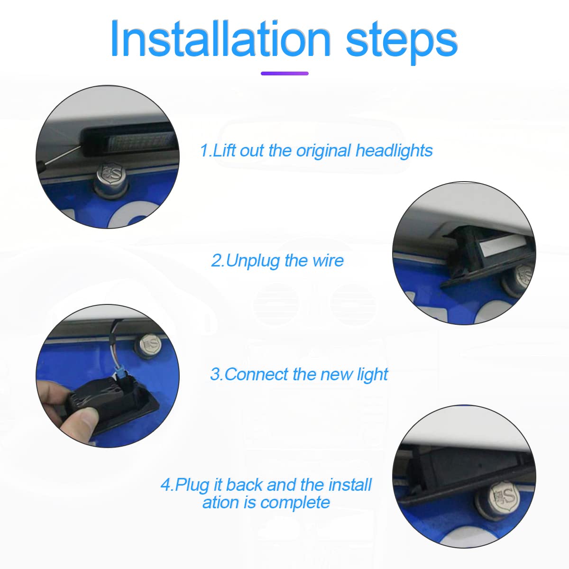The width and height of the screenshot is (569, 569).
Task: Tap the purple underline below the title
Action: point(284,73)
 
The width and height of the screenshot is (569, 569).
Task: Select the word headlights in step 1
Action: point(394,151)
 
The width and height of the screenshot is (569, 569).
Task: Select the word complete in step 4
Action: point(295,503)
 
